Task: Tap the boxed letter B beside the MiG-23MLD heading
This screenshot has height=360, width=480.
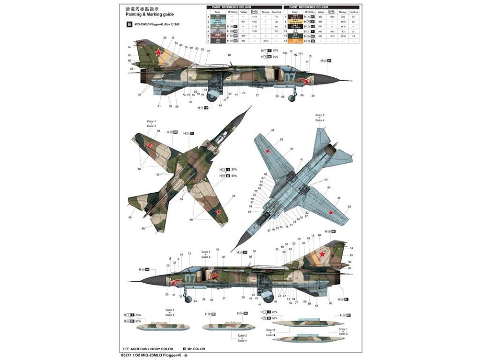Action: [123, 24]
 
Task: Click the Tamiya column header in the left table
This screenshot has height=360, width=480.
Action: [266, 12]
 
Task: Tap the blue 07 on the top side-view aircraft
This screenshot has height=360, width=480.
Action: [291, 78]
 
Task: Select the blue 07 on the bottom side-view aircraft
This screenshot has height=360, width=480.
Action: [190, 278]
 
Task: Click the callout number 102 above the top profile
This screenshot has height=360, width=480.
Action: [285, 53]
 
